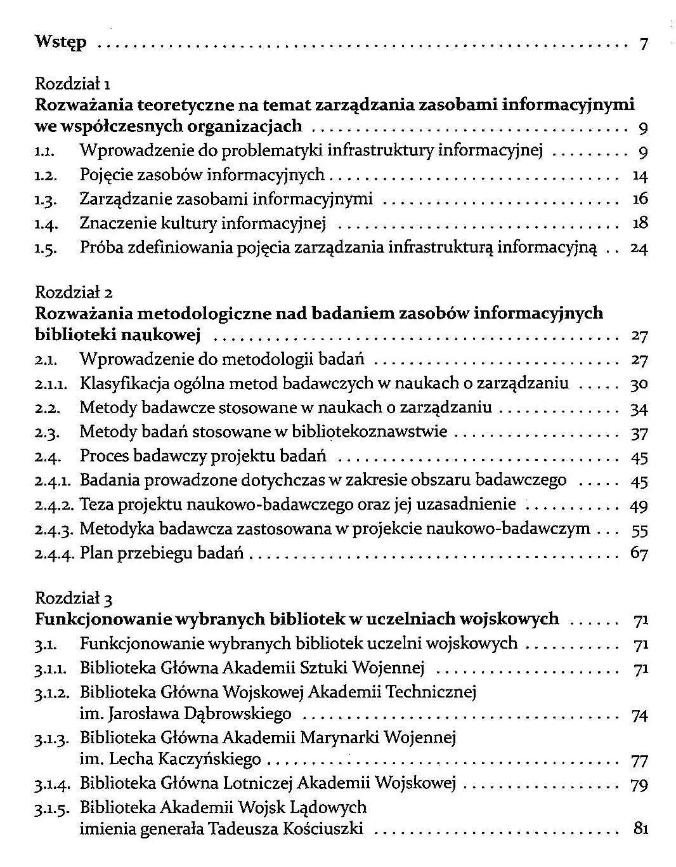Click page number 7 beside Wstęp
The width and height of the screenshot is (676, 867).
click(x=643, y=44)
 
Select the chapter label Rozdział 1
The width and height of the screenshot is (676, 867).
click(x=74, y=83)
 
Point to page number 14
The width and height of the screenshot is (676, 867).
click(x=640, y=175)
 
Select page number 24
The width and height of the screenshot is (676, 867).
click(x=639, y=248)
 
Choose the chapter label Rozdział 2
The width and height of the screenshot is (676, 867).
click(x=74, y=293)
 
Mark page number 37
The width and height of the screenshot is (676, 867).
click(x=639, y=433)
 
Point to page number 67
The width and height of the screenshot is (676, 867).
click(x=639, y=553)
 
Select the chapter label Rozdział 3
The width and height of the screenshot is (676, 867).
click(x=74, y=598)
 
